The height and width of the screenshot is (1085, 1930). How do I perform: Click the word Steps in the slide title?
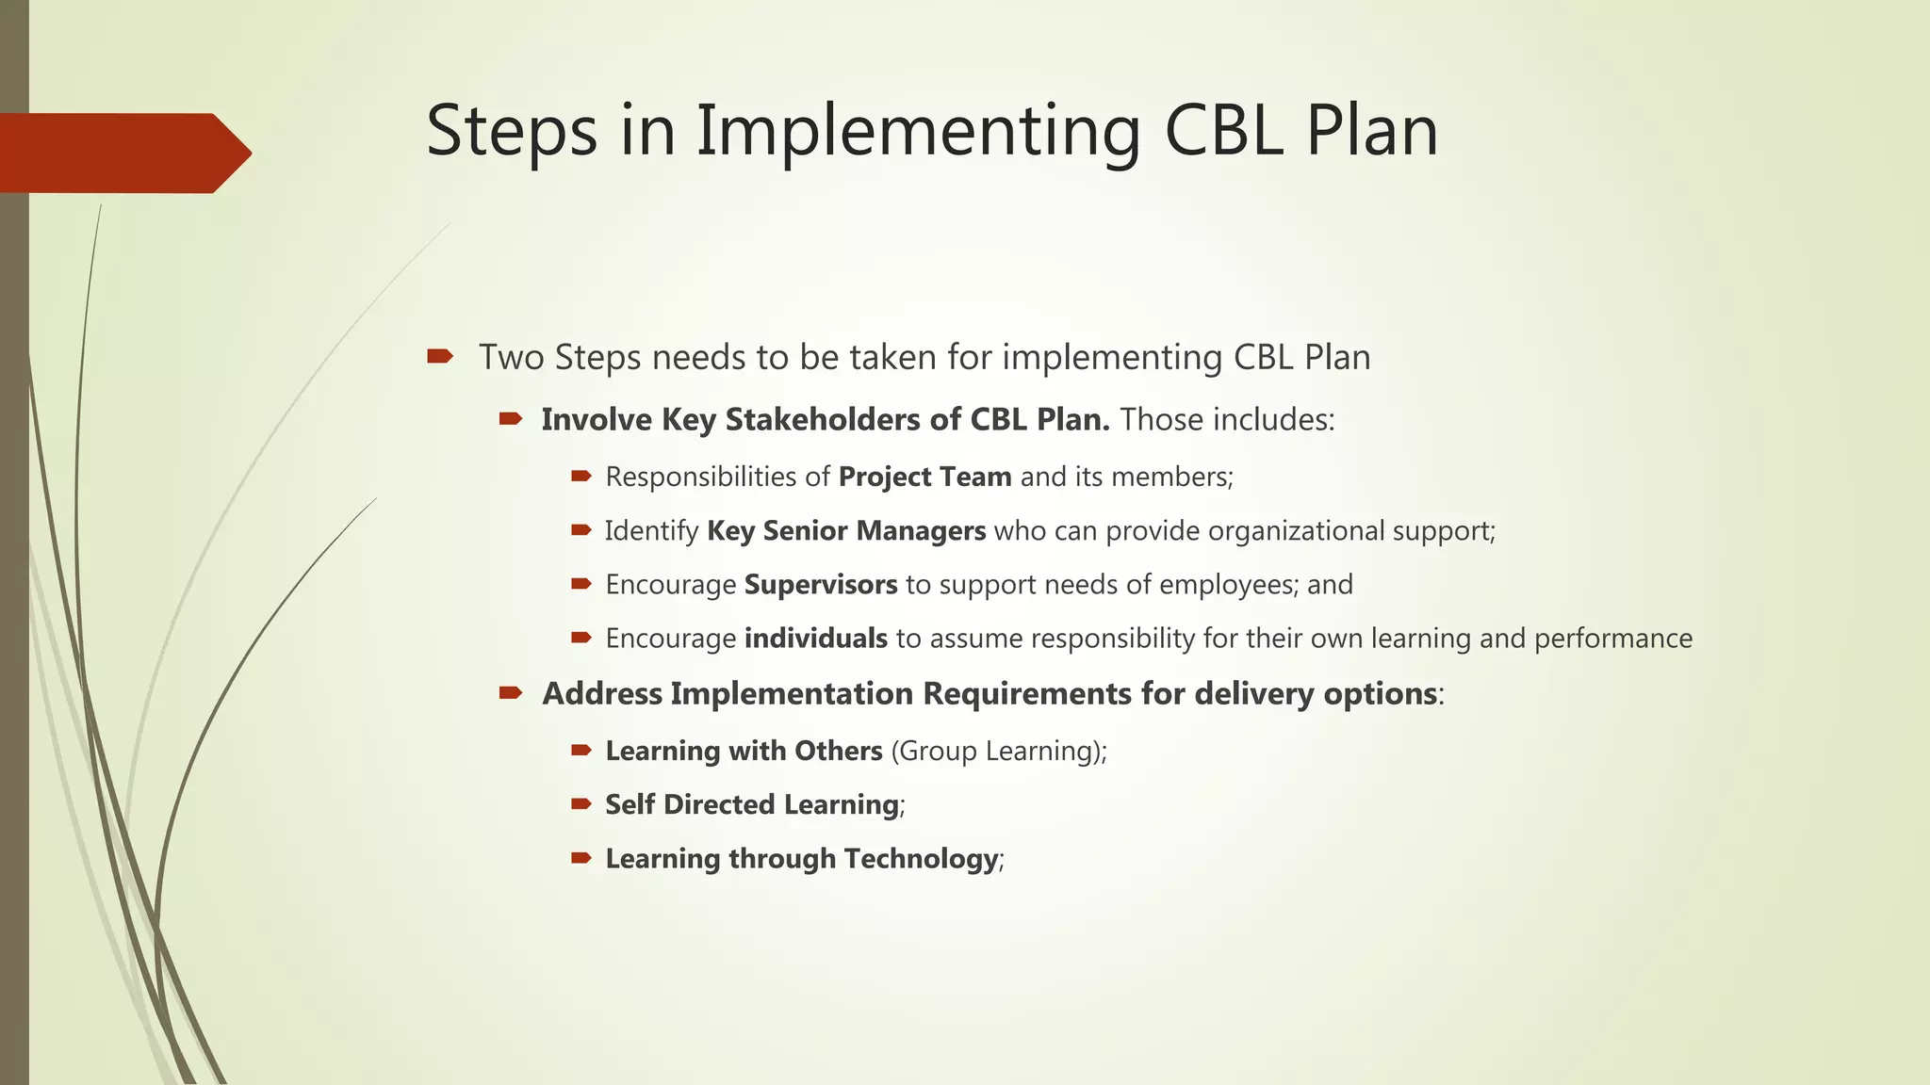pyautogui.click(x=512, y=132)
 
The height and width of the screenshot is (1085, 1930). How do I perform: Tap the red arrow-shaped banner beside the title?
pyautogui.click(x=123, y=154)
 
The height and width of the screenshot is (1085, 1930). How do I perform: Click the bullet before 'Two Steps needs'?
pyautogui.click(x=439, y=356)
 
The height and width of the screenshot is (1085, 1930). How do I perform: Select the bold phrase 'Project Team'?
pyautogui.click(x=924, y=477)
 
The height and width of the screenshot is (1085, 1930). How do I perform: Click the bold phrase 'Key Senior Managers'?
pyautogui.click(x=845, y=531)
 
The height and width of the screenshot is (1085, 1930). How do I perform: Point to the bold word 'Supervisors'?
pyautogui.click(x=820, y=585)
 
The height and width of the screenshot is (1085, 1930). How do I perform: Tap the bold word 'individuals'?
pyautogui.click(x=815, y=639)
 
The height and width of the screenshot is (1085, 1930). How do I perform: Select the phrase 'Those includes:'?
pyautogui.click(x=1227, y=419)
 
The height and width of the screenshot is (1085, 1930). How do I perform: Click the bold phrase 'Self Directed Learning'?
pyautogui.click(x=751, y=804)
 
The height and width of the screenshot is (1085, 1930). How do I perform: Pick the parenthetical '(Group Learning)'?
pyautogui.click(x=998, y=751)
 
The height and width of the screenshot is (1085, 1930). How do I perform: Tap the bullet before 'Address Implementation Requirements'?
pyautogui.click(x=511, y=693)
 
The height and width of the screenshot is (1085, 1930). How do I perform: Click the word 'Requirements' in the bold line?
pyautogui.click(x=1026, y=694)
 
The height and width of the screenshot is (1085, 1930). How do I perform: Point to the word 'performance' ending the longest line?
pyautogui.click(x=1612, y=639)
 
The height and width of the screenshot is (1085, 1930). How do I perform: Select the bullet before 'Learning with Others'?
pyautogui.click(x=581, y=751)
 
